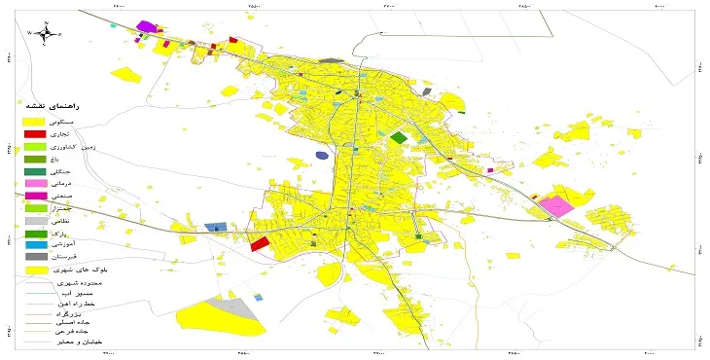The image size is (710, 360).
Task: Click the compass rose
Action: (x=45, y=33)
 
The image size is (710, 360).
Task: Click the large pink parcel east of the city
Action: (x=556, y=206)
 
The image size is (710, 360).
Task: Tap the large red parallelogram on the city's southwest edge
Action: (x=260, y=243)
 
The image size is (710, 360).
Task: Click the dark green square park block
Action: (x=398, y=138)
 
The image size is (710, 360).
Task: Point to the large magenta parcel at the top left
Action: (x=147, y=26)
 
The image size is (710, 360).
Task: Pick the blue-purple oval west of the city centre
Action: (x=322, y=155)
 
